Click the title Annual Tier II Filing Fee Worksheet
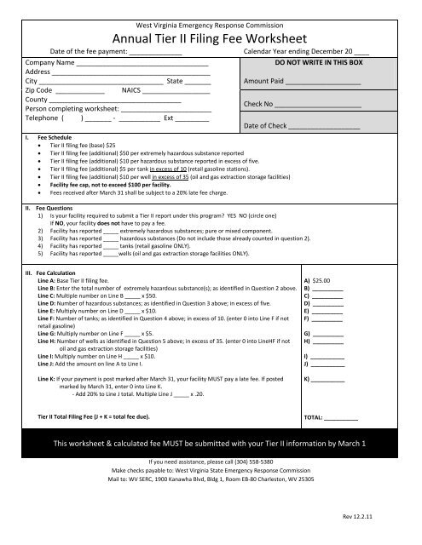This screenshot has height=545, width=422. (210, 37)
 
